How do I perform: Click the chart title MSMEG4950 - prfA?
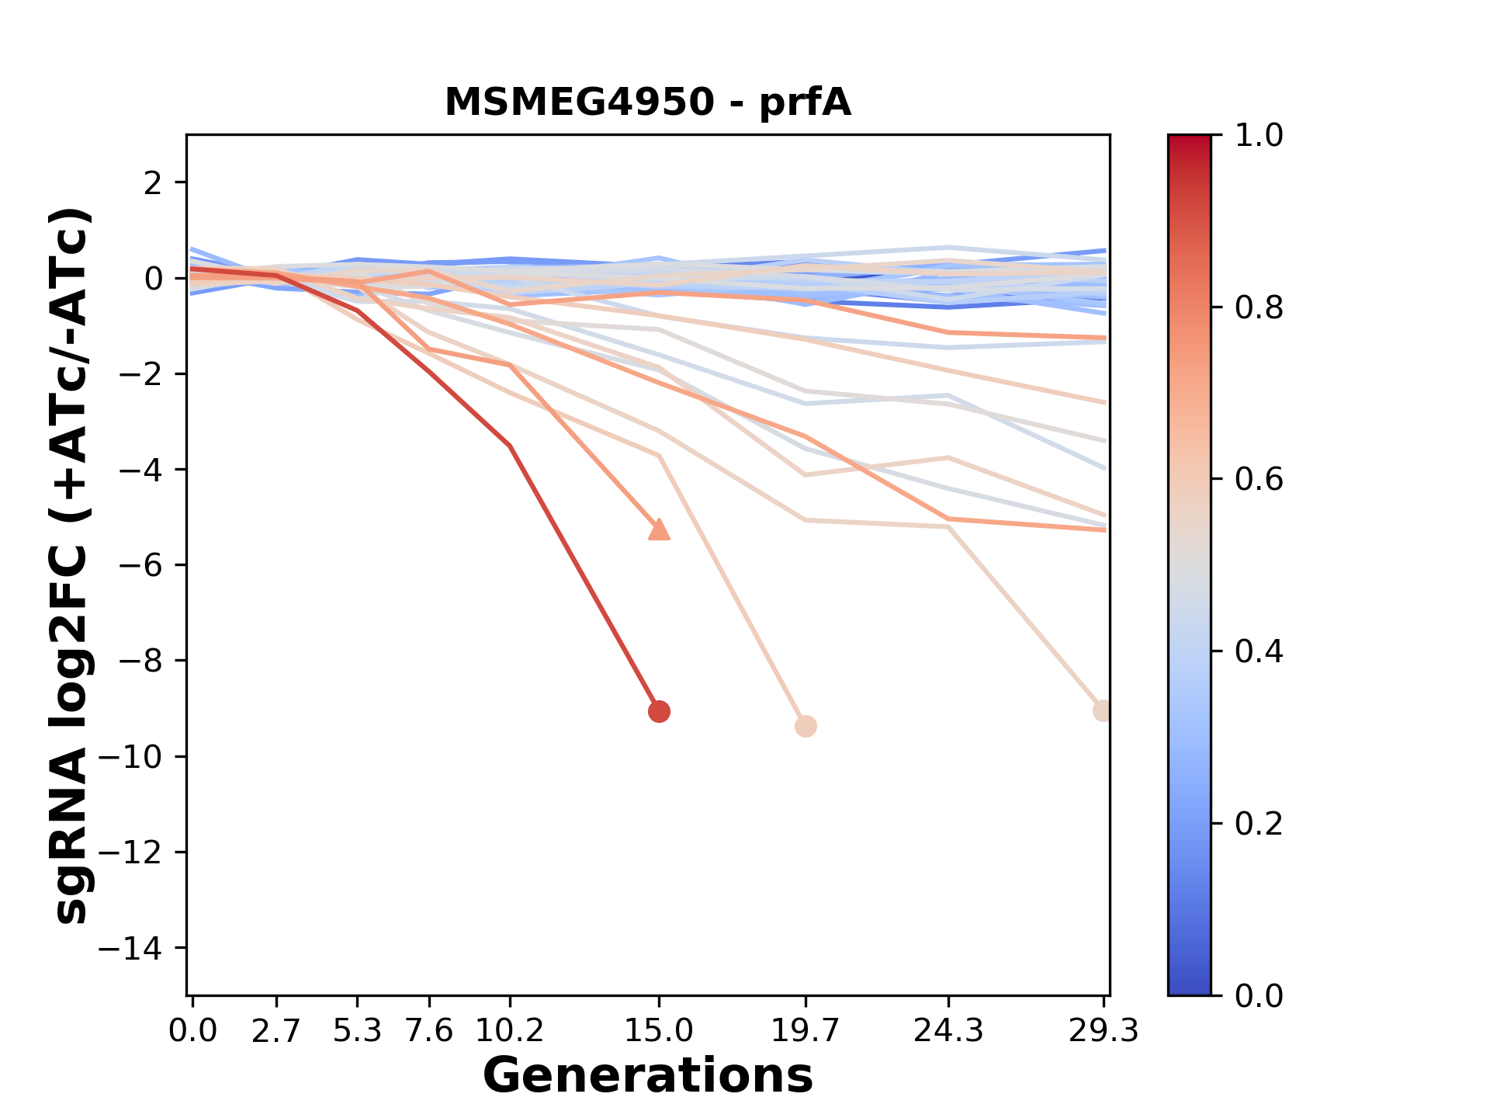[x=647, y=102]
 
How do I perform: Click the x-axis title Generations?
[x=647, y=1076]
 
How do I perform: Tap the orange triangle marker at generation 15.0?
[x=659, y=529]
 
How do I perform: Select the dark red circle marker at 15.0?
[x=659, y=711]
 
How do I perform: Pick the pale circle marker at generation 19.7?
[x=806, y=727]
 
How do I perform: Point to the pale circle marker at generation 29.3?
[x=1103, y=710]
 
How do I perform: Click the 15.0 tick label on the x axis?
[x=659, y=1031]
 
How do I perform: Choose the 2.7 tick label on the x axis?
[x=276, y=1031]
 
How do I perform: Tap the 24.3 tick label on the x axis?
[x=948, y=1031]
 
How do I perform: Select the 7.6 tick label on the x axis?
[x=429, y=1031]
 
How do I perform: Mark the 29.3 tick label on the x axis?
[x=1103, y=1031]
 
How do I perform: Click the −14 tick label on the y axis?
[x=140, y=948]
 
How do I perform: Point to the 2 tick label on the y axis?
[x=153, y=182]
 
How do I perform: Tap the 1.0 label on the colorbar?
[x=1259, y=136]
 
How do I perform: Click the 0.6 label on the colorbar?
[x=1259, y=480]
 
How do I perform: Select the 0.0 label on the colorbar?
[x=1259, y=996]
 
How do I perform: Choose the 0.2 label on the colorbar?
[x=1259, y=824]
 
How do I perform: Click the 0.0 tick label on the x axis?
[x=192, y=1031]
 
